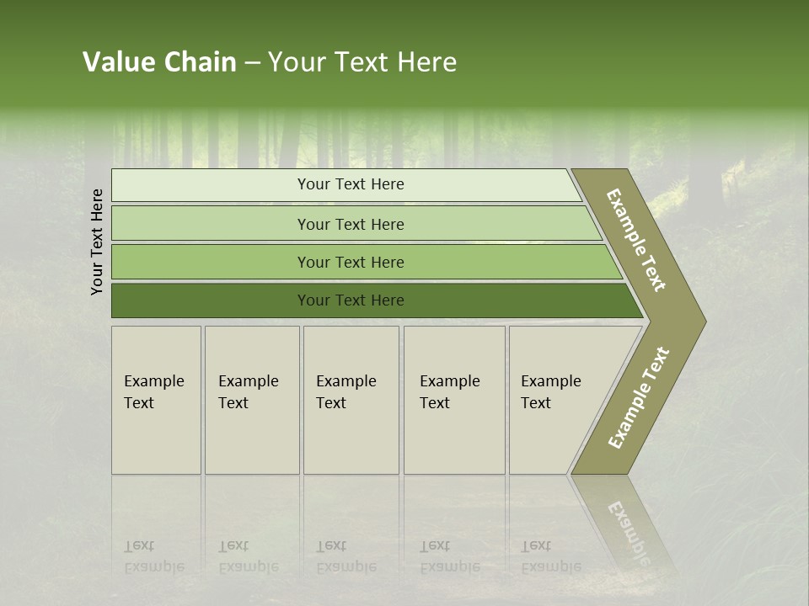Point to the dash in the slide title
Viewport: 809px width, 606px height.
tap(252, 63)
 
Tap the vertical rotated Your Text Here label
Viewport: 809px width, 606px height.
tap(97, 242)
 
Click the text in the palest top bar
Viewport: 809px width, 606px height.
tap(351, 184)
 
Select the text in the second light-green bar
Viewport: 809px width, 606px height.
tap(351, 224)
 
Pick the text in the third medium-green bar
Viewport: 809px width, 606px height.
tap(351, 262)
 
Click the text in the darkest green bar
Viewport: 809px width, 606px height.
tap(351, 300)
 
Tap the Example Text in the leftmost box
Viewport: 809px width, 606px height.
tap(153, 392)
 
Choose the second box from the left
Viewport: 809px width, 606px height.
tap(252, 400)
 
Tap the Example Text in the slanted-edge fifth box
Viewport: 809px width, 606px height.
tap(550, 392)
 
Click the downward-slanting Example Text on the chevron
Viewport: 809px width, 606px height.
tap(636, 240)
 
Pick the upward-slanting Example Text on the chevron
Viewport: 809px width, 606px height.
tap(638, 397)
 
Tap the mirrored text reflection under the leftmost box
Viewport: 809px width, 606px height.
tap(153, 556)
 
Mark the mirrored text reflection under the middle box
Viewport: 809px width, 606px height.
tap(346, 556)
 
